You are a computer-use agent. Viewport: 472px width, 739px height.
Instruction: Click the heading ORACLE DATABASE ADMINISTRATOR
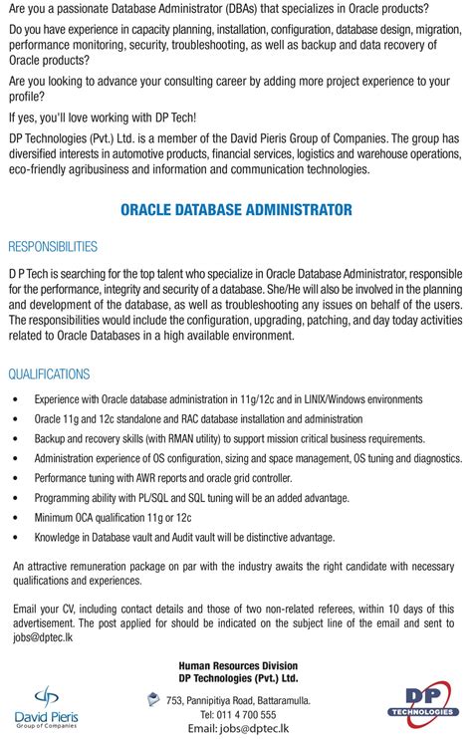pos(236,210)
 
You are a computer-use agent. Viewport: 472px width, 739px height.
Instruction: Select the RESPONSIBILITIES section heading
pos(53,246)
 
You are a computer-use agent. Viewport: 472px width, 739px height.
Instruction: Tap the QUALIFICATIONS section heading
pos(49,374)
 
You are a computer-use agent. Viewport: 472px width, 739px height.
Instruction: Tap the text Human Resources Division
pos(238,664)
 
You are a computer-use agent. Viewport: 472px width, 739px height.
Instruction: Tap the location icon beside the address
pos(151,700)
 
